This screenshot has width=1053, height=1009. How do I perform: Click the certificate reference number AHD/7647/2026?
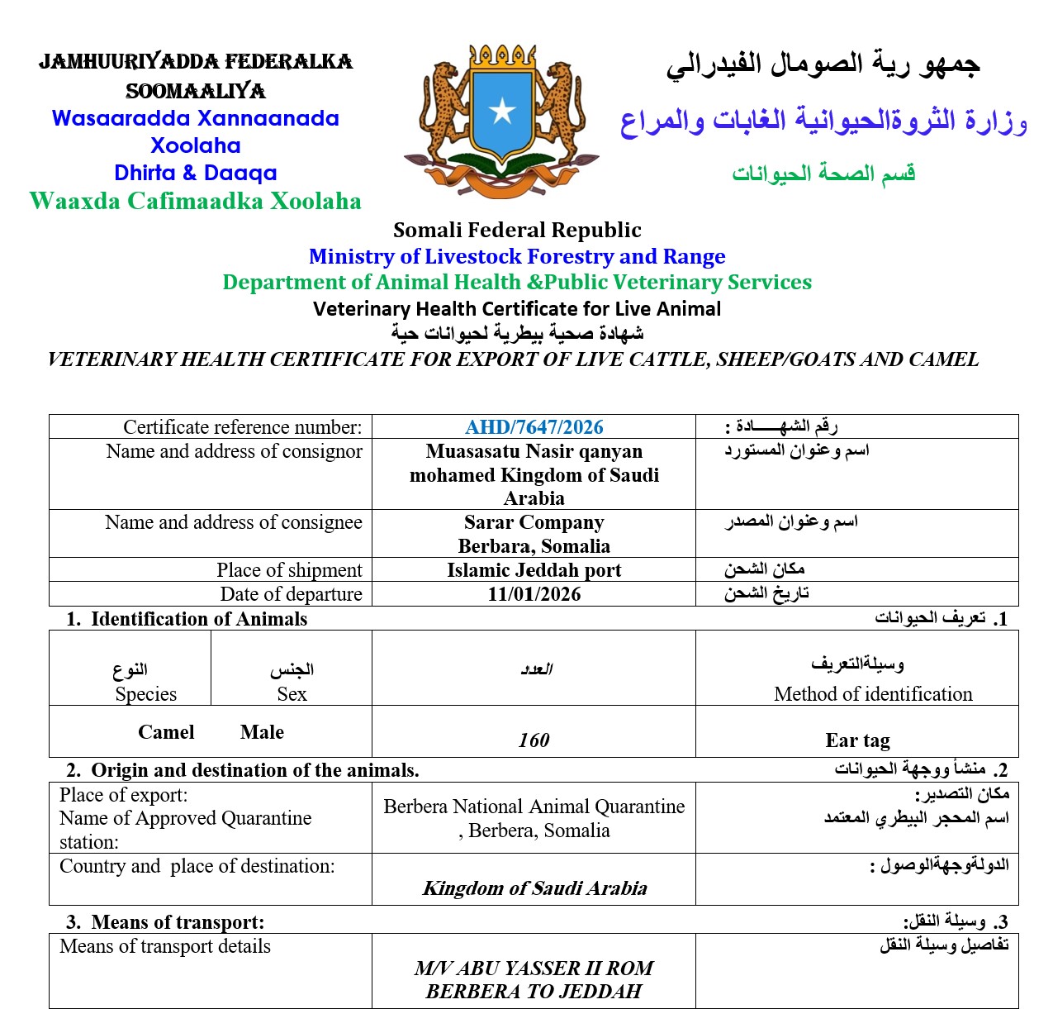pyautogui.click(x=534, y=427)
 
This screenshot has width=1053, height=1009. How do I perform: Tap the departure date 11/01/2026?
pyautogui.click(x=534, y=594)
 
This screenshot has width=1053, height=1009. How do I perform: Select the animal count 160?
pyautogui.click(x=534, y=740)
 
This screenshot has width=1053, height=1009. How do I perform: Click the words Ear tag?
pyautogui.click(x=857, y=740)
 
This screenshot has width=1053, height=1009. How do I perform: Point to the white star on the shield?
pyautogui.click(x=501, y=111)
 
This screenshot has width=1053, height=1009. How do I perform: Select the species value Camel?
pyautogui.click(x=166, y=732)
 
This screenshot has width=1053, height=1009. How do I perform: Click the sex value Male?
pyautogui.click(x=262, y=732)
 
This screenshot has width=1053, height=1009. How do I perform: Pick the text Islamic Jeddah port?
pyautogui.click(x=534, y=570)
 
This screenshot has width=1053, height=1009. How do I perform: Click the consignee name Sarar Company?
pyautogui.click(x=534, y=522)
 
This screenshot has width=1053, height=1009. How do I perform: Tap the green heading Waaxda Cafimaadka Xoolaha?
pyautogui.click(x=196, y=201)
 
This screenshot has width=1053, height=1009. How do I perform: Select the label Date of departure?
pyautogui.click(x=291, y=594)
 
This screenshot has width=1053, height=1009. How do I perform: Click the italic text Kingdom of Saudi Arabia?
pyautogui.click(x=534, y=888)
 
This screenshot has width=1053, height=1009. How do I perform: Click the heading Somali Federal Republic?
pyautogui.click(x=517, y=230)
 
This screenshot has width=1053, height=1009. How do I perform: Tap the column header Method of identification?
pyautogui.click(x=873, y=694)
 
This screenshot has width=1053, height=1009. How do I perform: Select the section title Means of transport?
pyautogui.click(x=178, y=922)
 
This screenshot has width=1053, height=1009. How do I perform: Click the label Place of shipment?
pyautogui.click(x=289, y=570)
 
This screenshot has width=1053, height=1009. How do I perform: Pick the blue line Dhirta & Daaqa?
pyautogui.click(x=196, y=173)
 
